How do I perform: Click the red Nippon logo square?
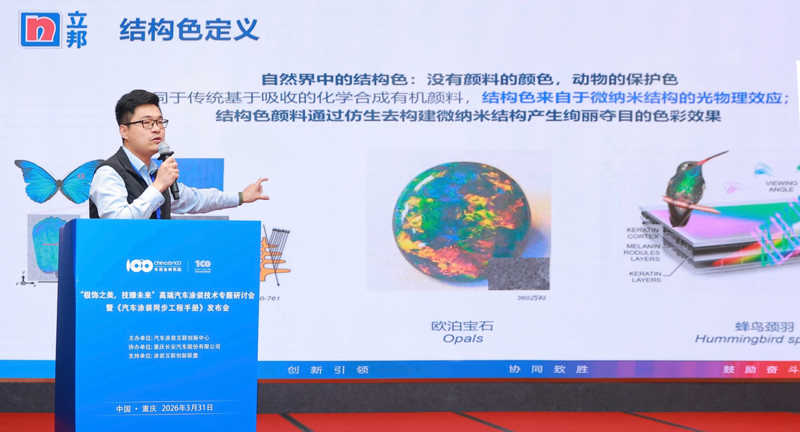point(40,29)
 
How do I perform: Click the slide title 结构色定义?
point(189,29)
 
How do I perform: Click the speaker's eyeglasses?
point(147,124)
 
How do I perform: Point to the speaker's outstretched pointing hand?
point(256,190)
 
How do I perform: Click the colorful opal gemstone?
point(461,219)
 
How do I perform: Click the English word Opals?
point(462,338)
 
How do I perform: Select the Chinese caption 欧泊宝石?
point(462,325)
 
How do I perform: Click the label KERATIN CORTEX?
point(642,233)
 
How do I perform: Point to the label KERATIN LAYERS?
point(646,276)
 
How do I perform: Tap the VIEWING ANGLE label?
point(781,186)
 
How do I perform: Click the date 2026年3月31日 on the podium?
point(187,408)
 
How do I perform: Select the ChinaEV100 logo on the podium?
point(154,265)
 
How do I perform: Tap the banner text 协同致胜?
point(548,369)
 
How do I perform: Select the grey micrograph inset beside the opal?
point(518,273)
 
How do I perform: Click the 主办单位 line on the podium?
point(169,338)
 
